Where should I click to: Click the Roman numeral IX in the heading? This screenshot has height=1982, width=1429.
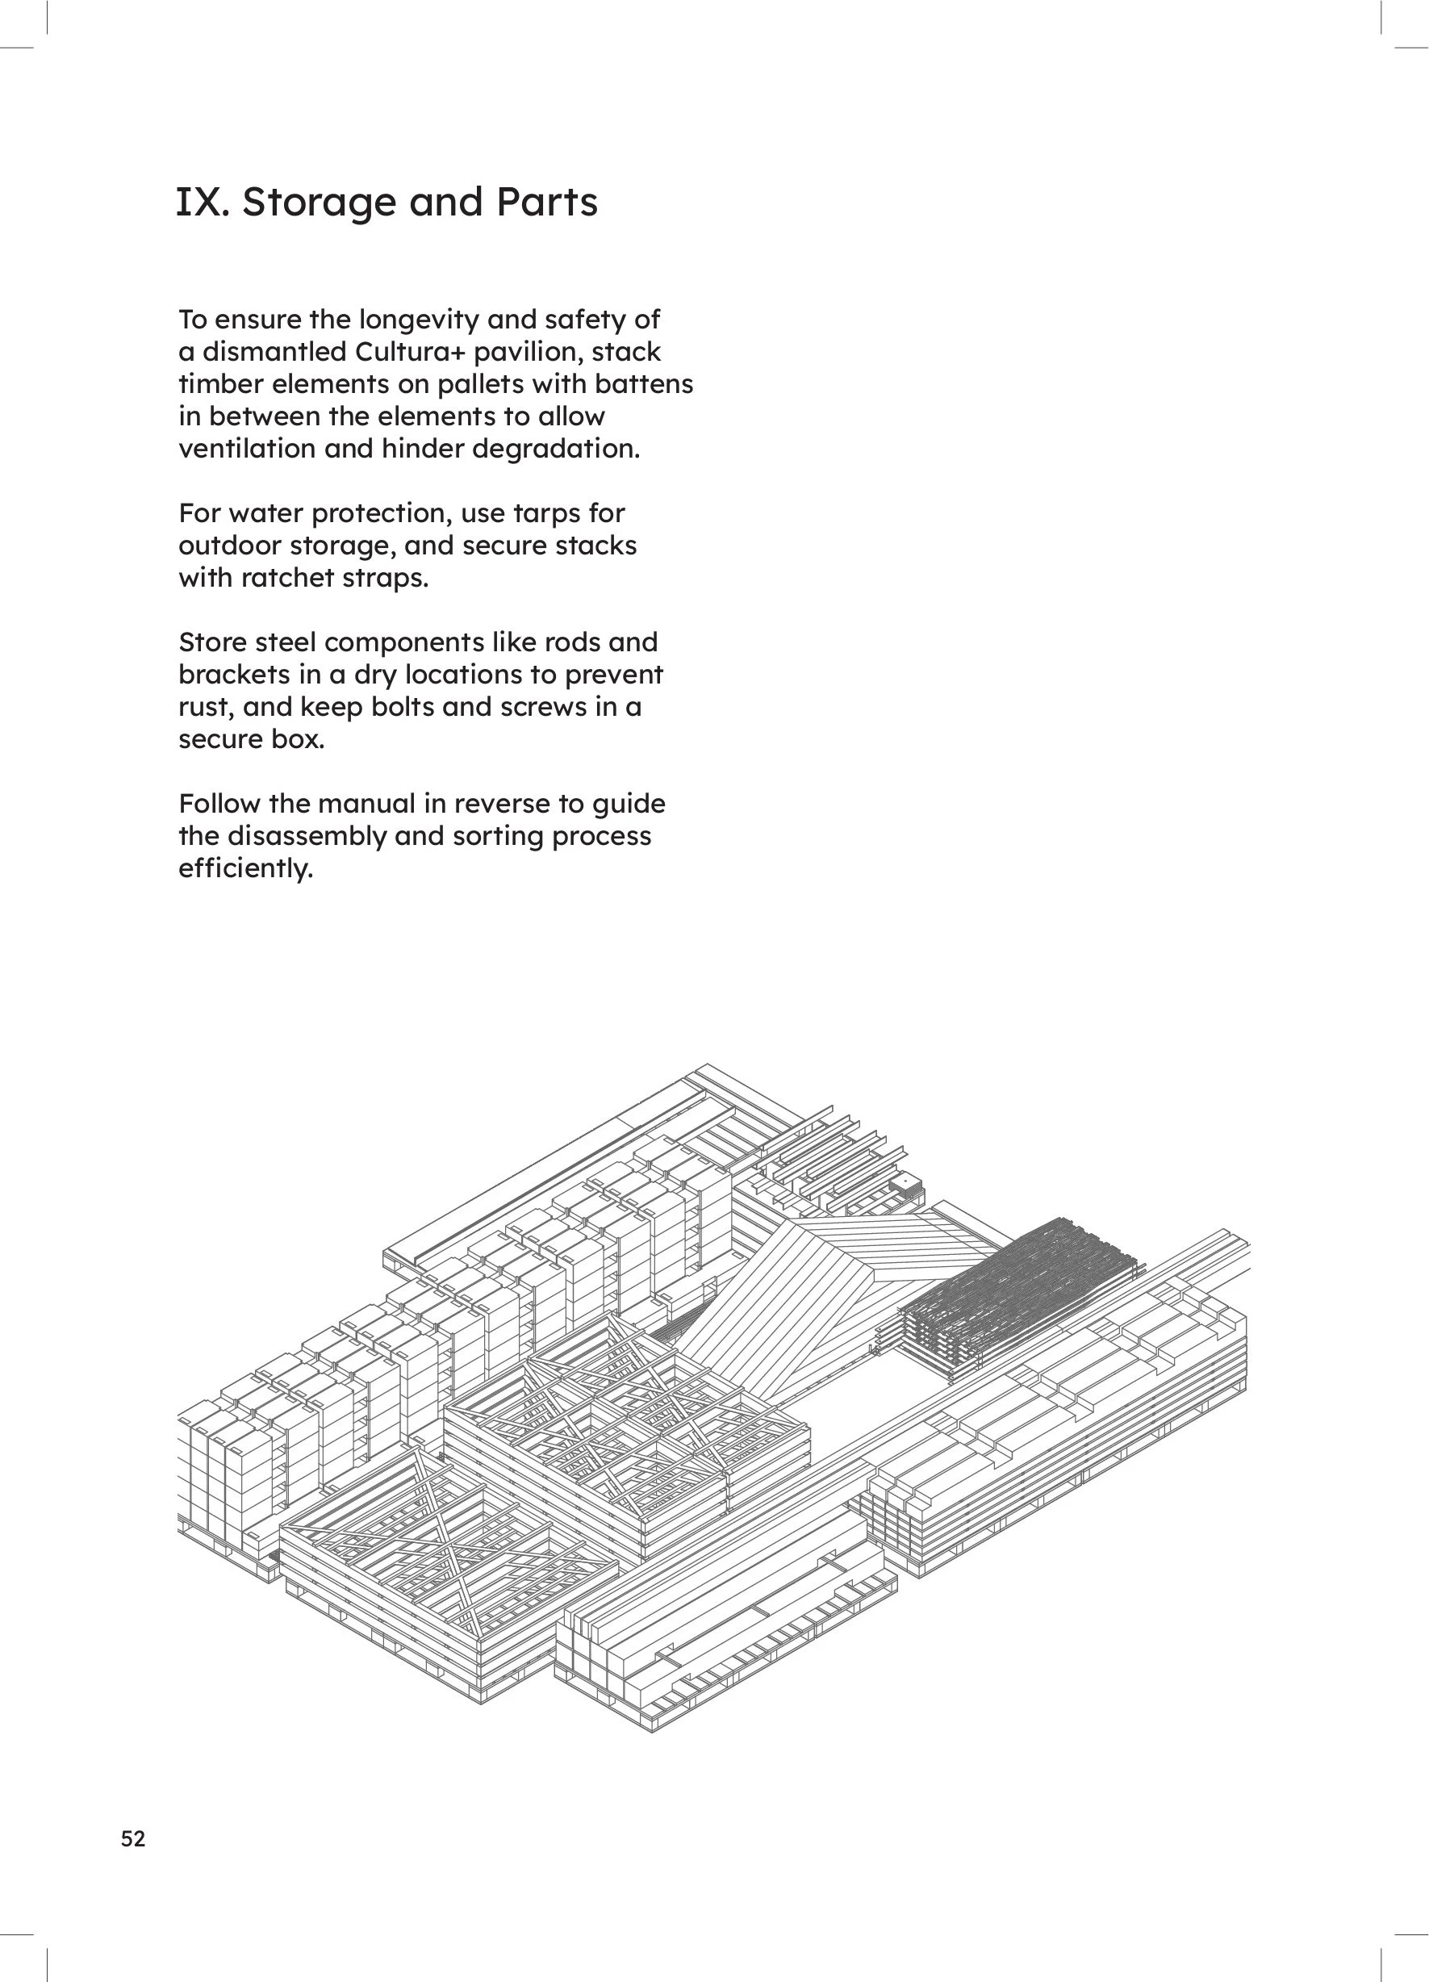[201, 203]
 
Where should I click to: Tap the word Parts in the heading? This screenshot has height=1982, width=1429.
[547, 203]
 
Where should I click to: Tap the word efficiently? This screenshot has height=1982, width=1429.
[244, 868]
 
